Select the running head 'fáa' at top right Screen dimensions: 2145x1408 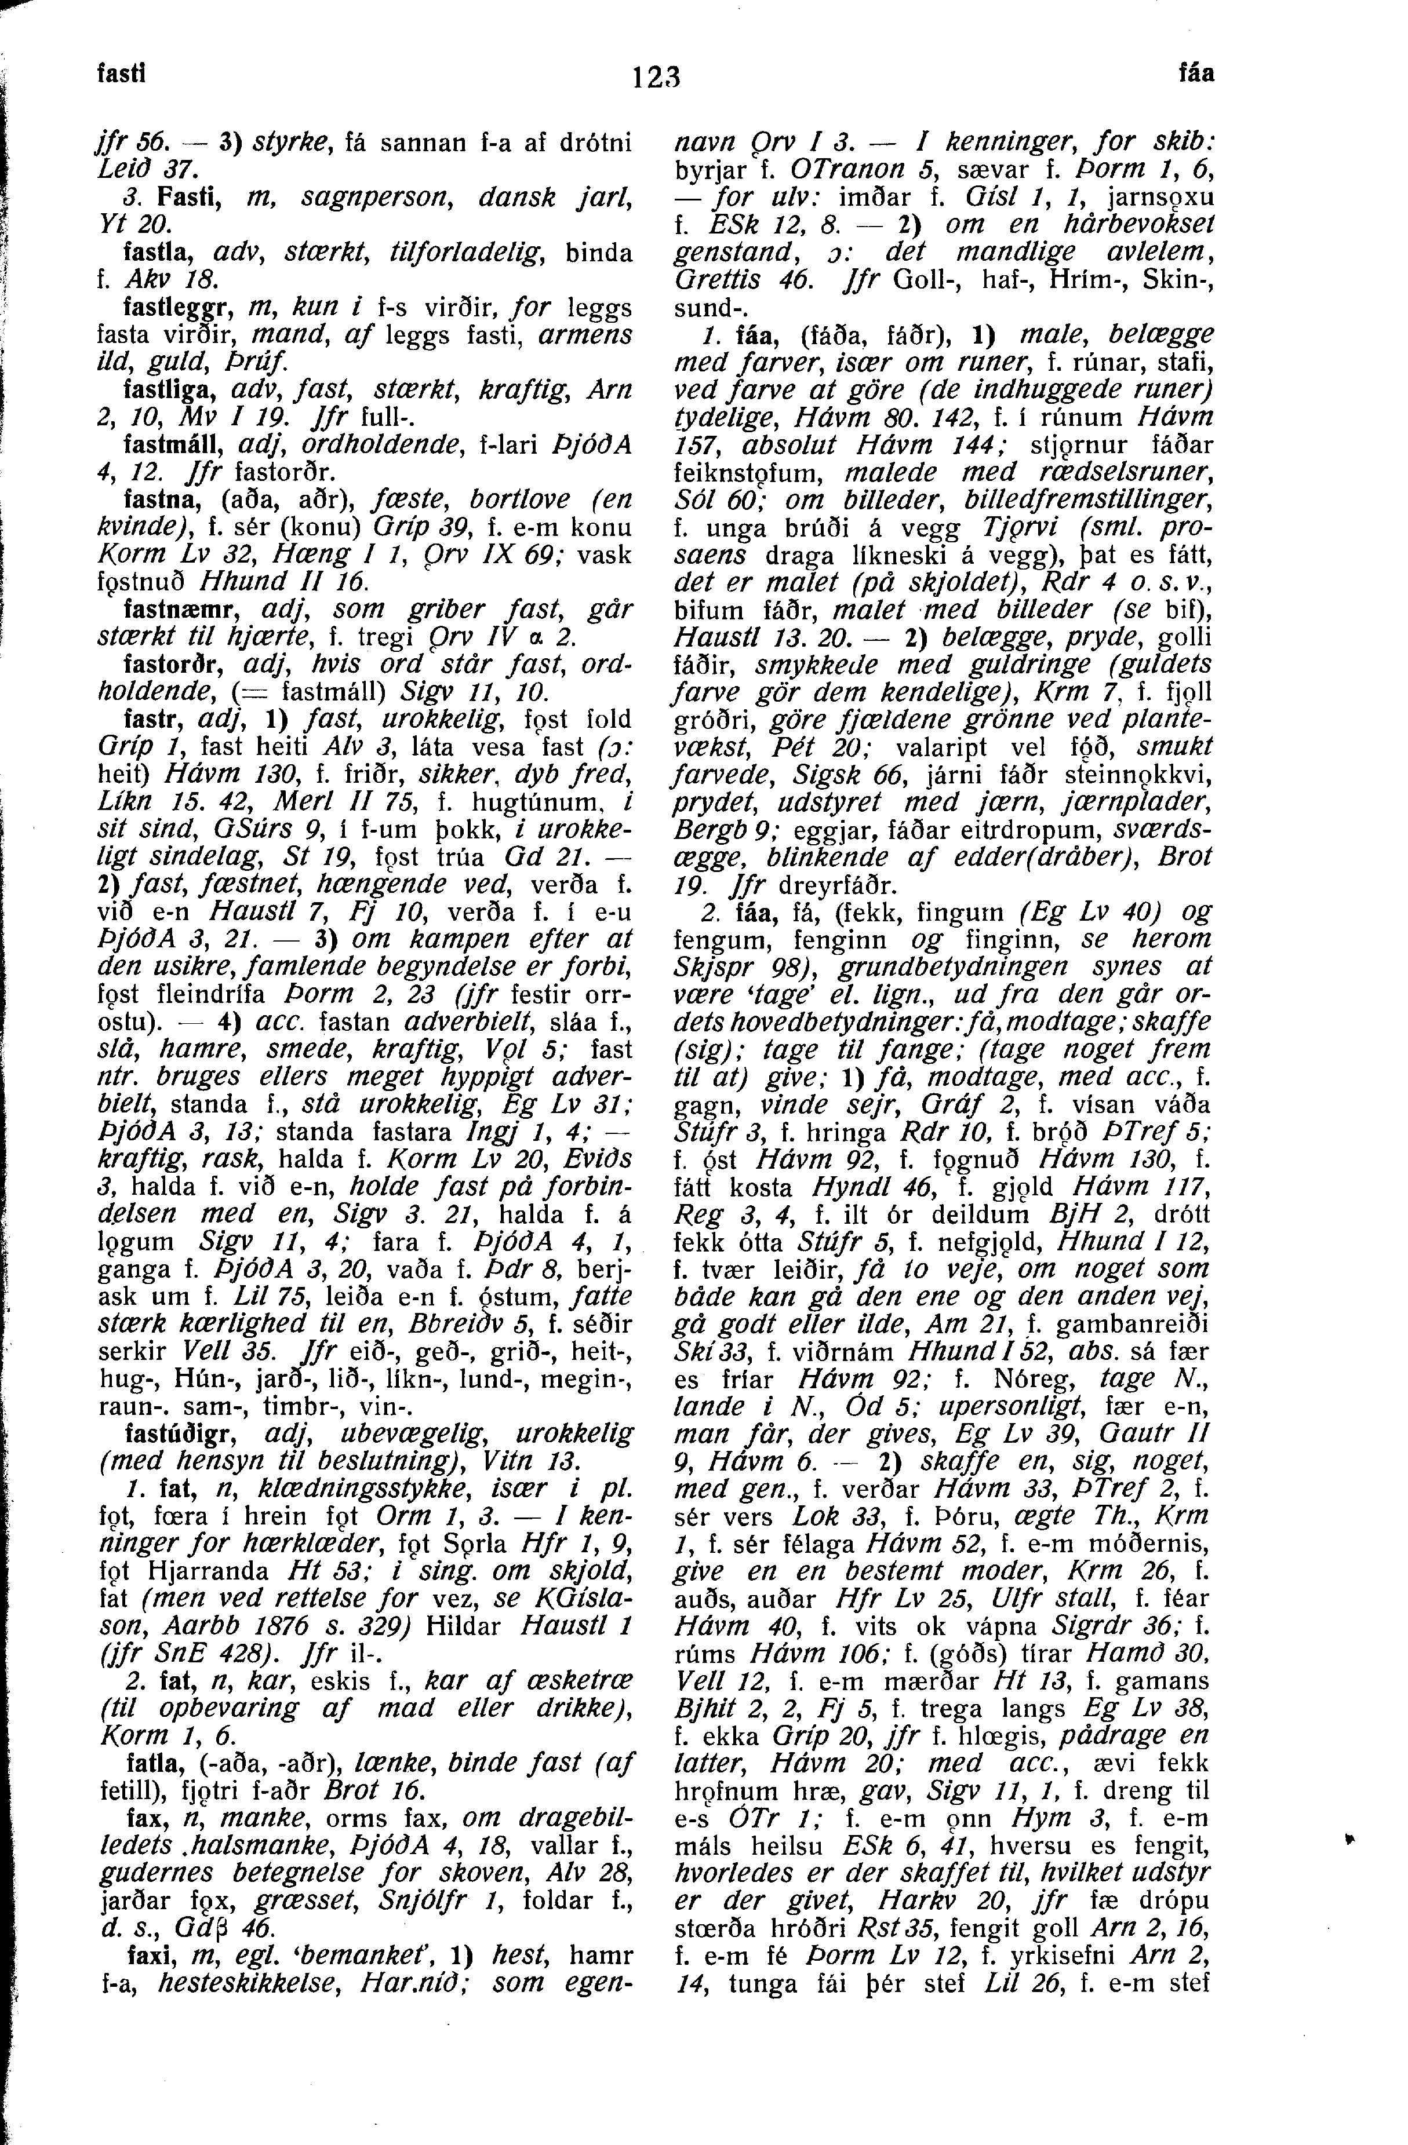click(x=1197, y=74)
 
